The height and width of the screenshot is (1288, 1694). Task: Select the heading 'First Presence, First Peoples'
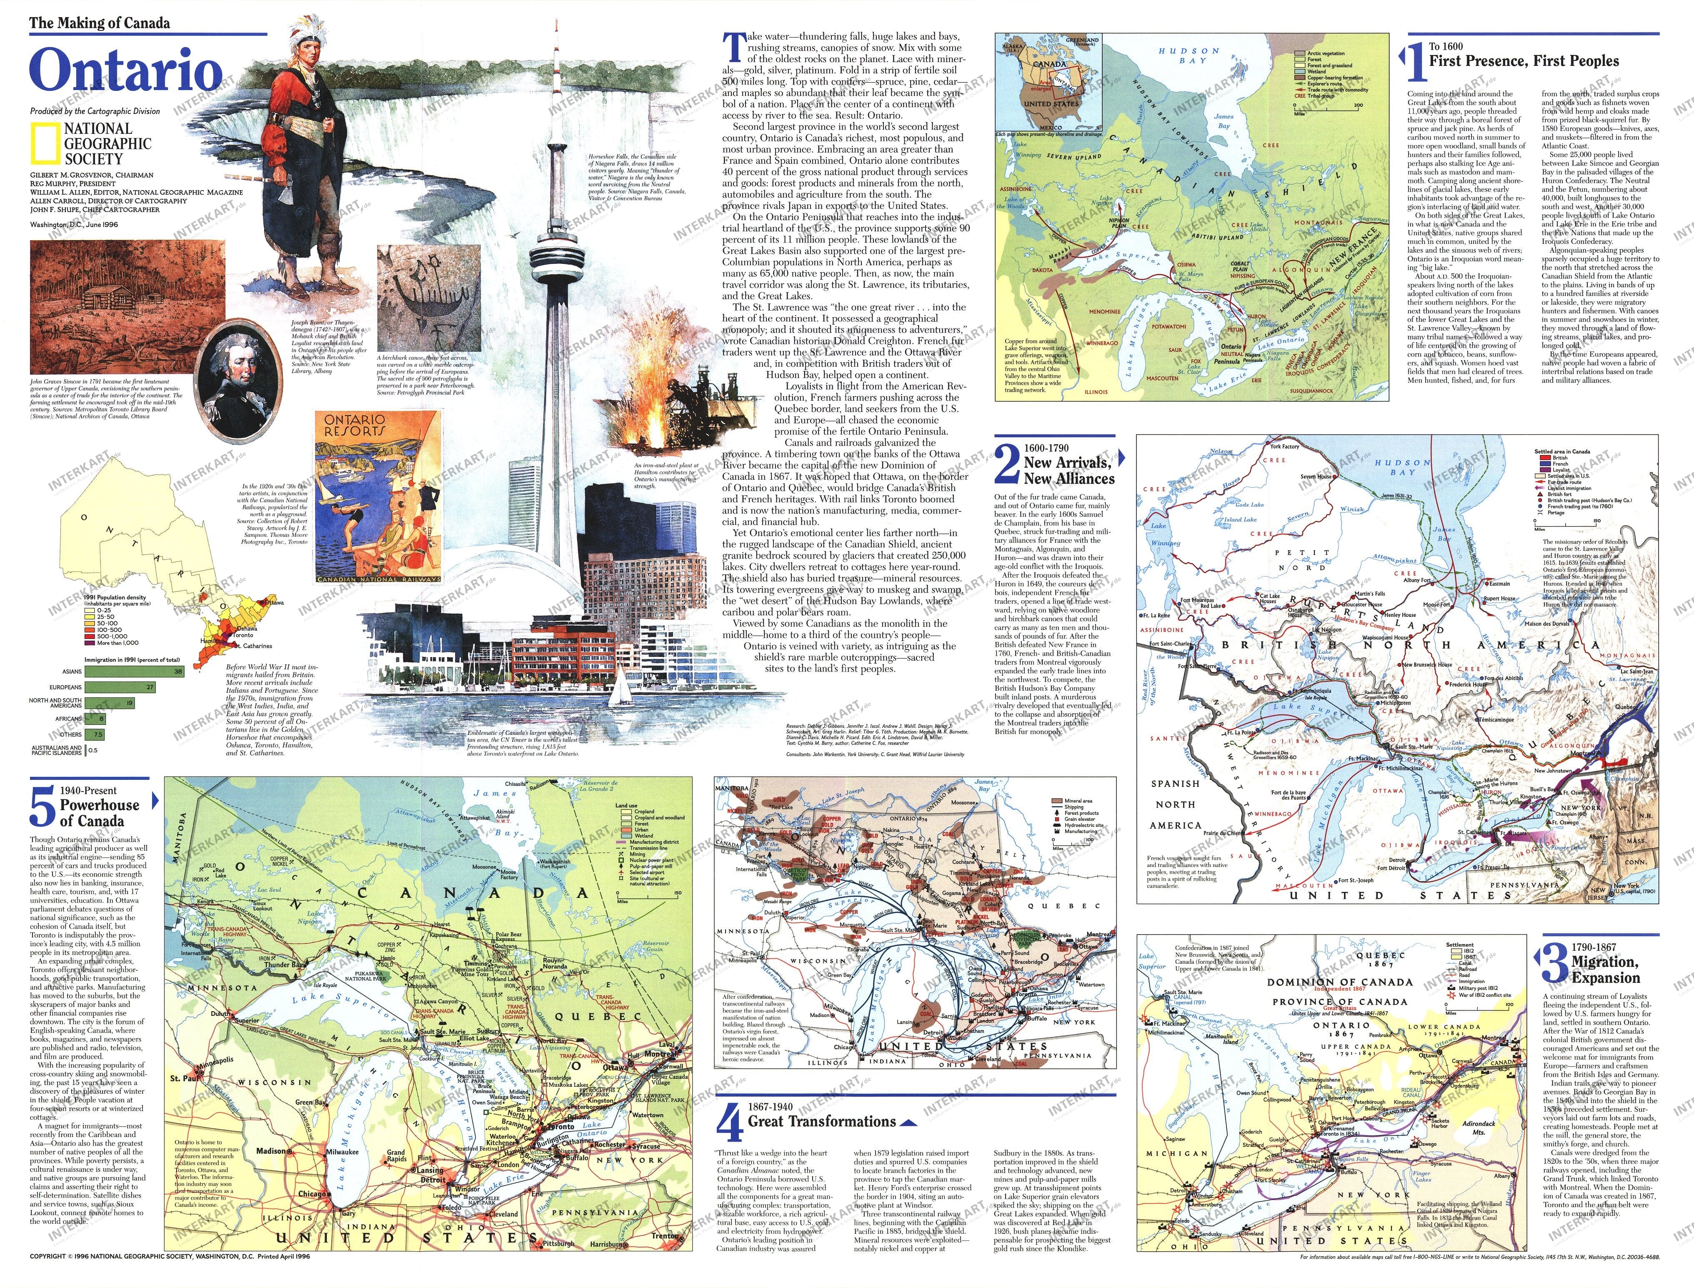pos(1523,61)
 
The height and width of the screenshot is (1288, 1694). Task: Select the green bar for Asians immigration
pos(134,672)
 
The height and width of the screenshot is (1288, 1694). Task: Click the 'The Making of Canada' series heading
pos(100,23)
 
